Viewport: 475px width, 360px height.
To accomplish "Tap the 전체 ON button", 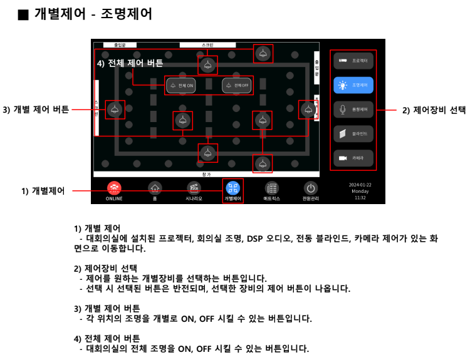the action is pos(180,85).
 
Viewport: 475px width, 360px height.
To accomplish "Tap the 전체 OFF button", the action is pos(237,85).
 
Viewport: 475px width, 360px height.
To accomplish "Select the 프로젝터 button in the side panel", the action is pos(354,61).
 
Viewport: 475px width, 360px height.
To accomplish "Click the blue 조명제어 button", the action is pos(354,85).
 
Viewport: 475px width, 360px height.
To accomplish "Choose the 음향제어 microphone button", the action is pos(354,110).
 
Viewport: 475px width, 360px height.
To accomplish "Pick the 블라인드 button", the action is pos(354,133).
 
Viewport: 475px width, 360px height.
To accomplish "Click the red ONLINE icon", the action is pos(114,188).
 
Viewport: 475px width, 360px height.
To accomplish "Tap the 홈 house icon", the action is pos(155,188).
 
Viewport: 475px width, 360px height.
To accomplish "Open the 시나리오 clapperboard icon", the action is pos(194,188).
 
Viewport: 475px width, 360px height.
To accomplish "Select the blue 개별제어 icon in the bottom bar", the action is pos(233,188).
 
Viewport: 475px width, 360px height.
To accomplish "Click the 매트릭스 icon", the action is pos(271,188).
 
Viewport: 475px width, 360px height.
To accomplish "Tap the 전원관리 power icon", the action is pos(311,188).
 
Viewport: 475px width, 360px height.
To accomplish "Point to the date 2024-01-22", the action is pos(360,185).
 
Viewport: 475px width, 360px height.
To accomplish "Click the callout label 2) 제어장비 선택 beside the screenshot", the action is pos(434,110).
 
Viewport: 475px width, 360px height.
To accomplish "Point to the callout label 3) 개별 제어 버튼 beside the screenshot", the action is pos(36,110).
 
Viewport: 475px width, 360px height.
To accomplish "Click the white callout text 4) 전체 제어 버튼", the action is pos(130,63).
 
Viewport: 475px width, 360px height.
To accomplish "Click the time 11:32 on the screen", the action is pos(360,197).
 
